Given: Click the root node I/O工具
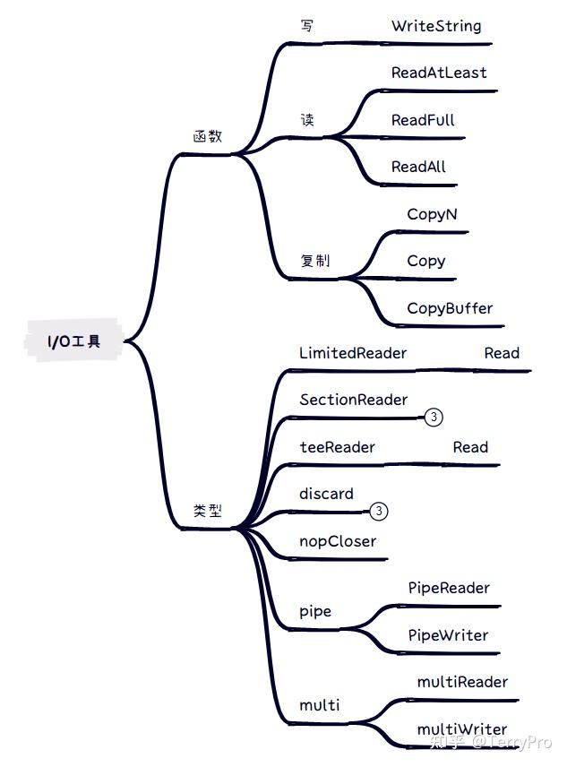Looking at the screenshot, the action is pyautogui.click(x=73, y=341).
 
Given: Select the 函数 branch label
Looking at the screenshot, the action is pyautogui.click(x=208, y=136).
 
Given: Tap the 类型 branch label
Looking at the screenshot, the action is pyautogui.click(x=208, y=511).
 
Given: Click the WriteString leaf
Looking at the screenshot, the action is pyautogui.click(x=436, y=26).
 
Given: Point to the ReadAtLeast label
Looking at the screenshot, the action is pyautogui.click(x=439, y=73).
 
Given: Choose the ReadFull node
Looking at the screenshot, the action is pyautogui.click(x=423, y=120).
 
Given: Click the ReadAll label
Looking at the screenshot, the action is pyautogui.click(x=418, y=167).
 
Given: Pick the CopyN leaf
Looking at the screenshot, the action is pyautogui.click(x=432, y=215).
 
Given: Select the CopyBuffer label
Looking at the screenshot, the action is pyautogui.click(x=450, y=308).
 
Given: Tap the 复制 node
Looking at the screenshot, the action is pyautogui.click(x=315, y=260).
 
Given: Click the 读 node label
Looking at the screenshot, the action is pyautogui.click(x=307, y=120).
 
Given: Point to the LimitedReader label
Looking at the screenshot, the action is pyautogui.click(x=353, y=353).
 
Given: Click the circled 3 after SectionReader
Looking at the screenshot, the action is pyautogui.click(x=434, y=418).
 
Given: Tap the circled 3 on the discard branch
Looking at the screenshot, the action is pyautogui.click(x=379, y=511).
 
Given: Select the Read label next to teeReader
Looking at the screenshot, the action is pyautogui.click(x=470, y=447).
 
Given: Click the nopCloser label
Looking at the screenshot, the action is pyautogui.click(x=338, y=541).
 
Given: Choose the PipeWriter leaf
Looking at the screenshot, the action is pyautogui.click(x=448, y=635).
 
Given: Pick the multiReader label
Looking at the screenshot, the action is pyautogui.click(x=462, y=683).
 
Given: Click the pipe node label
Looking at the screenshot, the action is pyautogui.click(x=315, y=612).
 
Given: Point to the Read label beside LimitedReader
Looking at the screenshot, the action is pyautogui.click(x=502, y=353).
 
